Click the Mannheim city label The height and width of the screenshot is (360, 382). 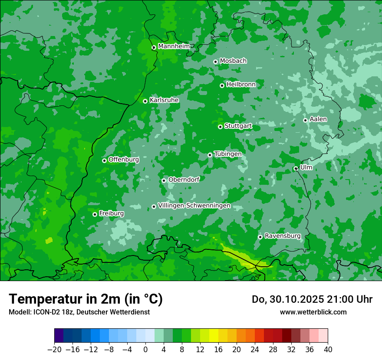tap(174, 46)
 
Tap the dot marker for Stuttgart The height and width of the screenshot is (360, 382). tap(220, 127)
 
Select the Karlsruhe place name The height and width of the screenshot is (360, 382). tap(164, 100)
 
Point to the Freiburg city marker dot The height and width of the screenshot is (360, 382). tap(95, 214)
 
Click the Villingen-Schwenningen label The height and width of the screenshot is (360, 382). tap(194, 206)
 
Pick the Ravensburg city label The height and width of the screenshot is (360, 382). tap(282, 236)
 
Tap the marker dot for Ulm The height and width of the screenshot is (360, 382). tap(296, 169)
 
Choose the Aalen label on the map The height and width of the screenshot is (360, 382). tap(318, 119)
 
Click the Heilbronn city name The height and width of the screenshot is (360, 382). tap(241, 84)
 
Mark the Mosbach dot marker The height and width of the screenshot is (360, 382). tap(215, 62)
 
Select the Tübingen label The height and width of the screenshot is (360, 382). tap(228, 154)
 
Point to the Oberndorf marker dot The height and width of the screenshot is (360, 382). tap(164, 180)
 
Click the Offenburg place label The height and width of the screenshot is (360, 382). tap(124, 159)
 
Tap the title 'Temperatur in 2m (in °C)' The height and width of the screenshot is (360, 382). tap(86, 299)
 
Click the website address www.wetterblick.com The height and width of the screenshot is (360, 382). tap(313, 312)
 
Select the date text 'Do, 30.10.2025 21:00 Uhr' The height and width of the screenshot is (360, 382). tap(312, 299)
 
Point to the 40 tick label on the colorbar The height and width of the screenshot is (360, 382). tap(328, 349)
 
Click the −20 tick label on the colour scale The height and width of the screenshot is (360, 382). tap(54, 349)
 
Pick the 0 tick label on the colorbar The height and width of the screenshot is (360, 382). tap(145, 349)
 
